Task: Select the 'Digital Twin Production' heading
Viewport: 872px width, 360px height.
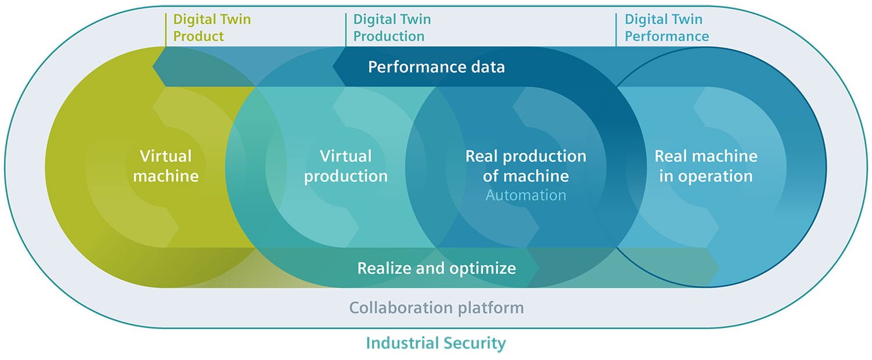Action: [x=392, y=27]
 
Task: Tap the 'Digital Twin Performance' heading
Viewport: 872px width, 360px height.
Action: [x=667, y=27]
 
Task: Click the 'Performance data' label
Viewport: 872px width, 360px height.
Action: [x=437, y=67]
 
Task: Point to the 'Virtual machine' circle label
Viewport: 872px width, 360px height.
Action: [x=166, y=166]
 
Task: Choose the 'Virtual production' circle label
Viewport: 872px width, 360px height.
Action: [x=346, y=166]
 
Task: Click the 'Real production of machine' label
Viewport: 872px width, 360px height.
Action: [x=526, y=166]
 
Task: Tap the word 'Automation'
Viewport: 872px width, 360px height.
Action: [x=526, y=195]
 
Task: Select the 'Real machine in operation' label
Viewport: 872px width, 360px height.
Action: [x=706, y=166]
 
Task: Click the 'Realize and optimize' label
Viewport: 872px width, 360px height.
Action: [x=437, y=268]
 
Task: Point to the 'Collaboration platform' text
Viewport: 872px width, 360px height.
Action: [x=437, y=307]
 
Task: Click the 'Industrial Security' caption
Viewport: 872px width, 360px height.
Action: [x=435, y=343]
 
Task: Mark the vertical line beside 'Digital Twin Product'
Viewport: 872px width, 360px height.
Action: [x=166, y=29]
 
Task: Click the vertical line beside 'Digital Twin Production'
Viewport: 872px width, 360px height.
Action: [x=346, y=29]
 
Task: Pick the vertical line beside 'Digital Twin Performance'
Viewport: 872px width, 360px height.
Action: [x=617, y=29]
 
